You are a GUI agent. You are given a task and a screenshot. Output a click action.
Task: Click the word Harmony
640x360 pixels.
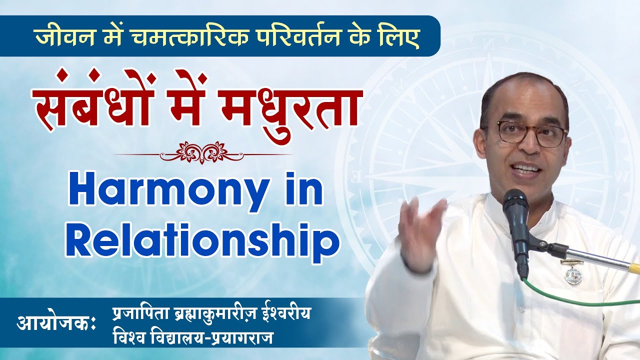(x=166, y=194)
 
